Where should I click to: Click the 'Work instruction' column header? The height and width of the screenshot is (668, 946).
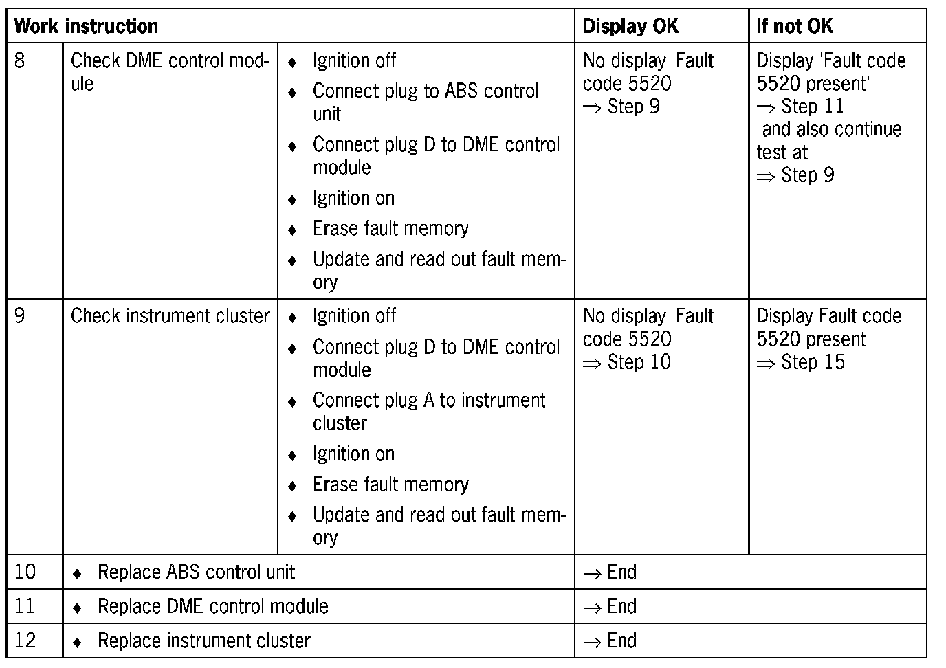[86, 26]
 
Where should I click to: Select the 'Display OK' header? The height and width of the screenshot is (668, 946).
[630, 26]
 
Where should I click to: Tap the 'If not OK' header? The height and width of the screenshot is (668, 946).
[794, 26]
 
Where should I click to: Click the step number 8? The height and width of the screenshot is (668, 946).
[20, 60]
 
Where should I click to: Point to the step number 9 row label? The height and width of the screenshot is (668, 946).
[20, 316]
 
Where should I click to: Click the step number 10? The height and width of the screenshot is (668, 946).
[25, 572]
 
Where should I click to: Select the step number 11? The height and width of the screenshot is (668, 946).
[25, 606]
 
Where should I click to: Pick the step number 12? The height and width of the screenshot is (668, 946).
[25, 641]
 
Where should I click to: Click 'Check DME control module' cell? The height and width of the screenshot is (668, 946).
[169, 71]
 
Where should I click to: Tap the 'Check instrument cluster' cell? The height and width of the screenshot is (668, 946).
[170, 316]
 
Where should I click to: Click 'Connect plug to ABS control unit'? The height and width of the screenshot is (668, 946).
[425, 102]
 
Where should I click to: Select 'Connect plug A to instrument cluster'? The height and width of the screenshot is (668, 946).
[428, 411]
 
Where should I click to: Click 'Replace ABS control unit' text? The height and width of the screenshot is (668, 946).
[196, 572]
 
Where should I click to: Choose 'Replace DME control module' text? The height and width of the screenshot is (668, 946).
[212, 606]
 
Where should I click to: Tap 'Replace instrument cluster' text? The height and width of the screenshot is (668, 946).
[203, 641]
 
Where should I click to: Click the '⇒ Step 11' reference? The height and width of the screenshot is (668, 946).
[800, 107]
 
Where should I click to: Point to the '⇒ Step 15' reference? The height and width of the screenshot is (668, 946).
[800, 362]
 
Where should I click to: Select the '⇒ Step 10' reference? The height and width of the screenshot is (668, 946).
[627, 362]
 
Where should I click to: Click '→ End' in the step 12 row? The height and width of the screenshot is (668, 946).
[610, 641]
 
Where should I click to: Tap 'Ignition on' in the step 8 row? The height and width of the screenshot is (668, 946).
[353, 199]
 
